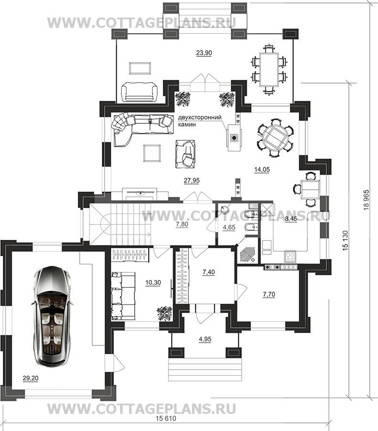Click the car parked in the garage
click(52, 316)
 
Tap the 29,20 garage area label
click(31, 378)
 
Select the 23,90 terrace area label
click(204, 53)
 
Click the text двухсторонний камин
click(200, 121)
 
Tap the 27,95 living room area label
click(192, 181)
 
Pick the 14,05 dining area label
click(262, 170)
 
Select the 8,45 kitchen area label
click(291, 219)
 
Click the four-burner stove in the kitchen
click(290, 257)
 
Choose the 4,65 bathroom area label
click(229, 227)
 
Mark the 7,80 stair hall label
click(182, 224)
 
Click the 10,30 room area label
click(153, 282)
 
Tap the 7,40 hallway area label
click(209, 272)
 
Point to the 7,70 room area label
click(269, 294)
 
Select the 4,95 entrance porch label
click(205, 339)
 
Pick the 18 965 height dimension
click(366, 200)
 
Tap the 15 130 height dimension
click(346, 240)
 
